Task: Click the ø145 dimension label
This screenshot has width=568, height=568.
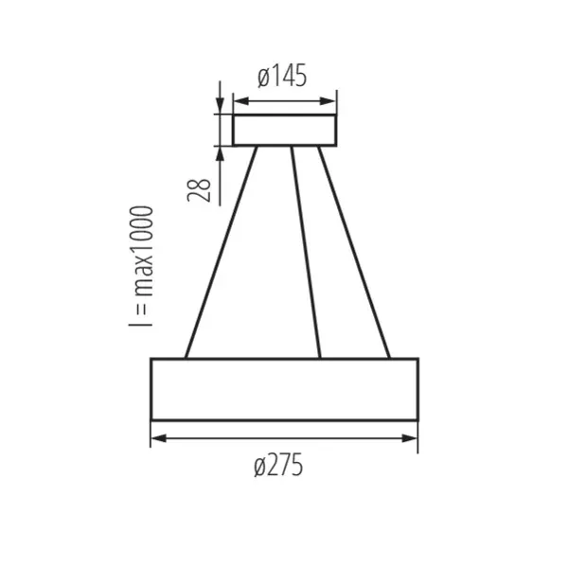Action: (x=282, y=78)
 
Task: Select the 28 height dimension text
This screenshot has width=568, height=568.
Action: (x=199, y=189)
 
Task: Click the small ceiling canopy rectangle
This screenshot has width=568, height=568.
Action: (x=285, y=131)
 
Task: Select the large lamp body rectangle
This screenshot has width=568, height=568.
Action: (x=284, y=388)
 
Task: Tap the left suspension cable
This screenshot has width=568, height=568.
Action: (x=221, y=253)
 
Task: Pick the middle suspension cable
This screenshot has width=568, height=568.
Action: (x=306, y=253)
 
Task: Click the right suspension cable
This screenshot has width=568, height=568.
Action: (x=354, y=253)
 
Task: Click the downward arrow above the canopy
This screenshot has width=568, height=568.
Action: (x=221, y=107)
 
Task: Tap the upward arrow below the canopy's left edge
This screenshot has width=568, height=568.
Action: (x=221, y=154)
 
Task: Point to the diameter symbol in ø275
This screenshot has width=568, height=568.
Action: (x=260, y=467)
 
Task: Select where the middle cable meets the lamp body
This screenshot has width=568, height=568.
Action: (x=320, y=358)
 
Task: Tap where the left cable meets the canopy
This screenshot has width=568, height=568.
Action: (x=256, y=148)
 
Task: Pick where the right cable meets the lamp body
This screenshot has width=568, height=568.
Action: (x=389, y=358)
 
